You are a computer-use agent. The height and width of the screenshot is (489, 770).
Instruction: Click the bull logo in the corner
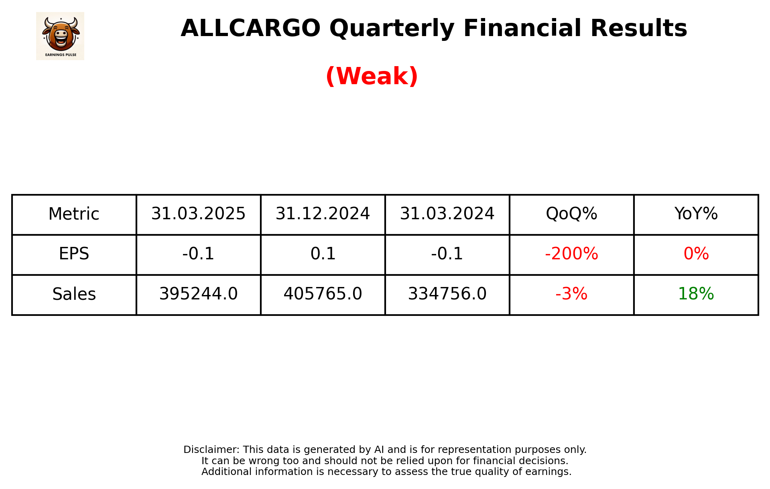tap(60, 36)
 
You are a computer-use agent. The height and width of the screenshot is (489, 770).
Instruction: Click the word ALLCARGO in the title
tap(250, 28)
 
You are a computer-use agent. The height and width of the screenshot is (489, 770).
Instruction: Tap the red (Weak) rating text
tap(372, 76)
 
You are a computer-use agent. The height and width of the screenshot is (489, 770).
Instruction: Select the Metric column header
tap(74, 214)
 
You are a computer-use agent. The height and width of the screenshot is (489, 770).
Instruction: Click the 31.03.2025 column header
tap(198, 214)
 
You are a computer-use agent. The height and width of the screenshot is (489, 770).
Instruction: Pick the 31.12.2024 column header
tap(323, 214)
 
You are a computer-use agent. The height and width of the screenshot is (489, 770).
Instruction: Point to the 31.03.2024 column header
tap(447, 214)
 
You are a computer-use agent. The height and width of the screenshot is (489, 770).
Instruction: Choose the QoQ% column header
tap(571, 214)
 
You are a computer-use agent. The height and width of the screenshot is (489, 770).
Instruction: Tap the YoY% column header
tap(696, 214)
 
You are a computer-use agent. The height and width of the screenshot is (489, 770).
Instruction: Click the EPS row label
tap(74, 254)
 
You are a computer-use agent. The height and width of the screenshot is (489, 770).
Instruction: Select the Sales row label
tap(74, 294)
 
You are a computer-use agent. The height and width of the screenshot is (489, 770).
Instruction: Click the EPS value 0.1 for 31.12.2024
tap(323, 254)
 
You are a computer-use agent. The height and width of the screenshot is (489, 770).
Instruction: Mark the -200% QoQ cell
tap(571, 254)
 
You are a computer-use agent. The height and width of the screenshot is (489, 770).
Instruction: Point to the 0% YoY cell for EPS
tap(696, 254)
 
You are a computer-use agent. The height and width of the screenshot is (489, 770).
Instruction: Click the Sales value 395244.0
tap(198, 294)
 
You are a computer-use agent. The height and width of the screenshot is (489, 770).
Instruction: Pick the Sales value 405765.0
tap(323, 294)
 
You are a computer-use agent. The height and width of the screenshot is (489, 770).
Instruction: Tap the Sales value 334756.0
tap(447, 294)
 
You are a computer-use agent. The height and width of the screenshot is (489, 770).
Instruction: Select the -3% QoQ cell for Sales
tap(571, 294)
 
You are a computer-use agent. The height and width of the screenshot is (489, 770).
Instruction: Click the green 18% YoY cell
tap(696, 294)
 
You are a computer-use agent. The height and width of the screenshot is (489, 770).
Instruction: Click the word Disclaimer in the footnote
tap(211, 450)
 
